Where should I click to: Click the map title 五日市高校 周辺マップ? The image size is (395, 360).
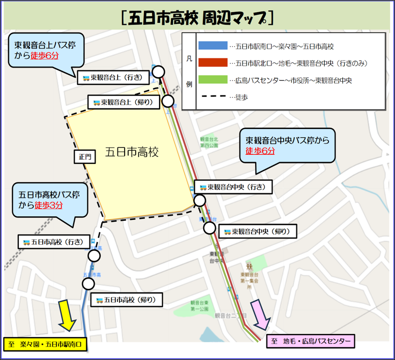pyautogui.click(x=198, y=19)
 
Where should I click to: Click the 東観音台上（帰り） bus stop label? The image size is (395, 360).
pyautogui.click(x=126, y=102)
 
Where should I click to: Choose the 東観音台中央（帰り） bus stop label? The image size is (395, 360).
pyautogui.click(x=257, y=232)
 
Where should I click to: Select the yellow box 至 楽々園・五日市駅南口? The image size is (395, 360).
pyautogui.click(x=45, y=345)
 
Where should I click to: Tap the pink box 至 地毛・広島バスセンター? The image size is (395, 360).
pyautogui.click(x=310, y=342)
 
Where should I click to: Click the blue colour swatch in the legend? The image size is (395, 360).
pyautogui.click(x=213, y=46)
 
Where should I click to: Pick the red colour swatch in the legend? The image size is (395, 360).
pyautogui.click(x=213, y=63)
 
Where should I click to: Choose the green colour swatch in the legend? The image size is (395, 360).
pyautogui.click(x=213, y=80)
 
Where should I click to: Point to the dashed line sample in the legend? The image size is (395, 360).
pyautogui.click(x=213, y=97)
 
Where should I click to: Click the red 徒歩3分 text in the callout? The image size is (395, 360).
pyautogui.click(x=49, y=205)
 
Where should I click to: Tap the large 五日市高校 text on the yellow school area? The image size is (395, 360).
pyautogui.click(x=132, y=152)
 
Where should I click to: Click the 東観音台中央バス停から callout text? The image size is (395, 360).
pyautogui.click(x=288, y=140)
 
